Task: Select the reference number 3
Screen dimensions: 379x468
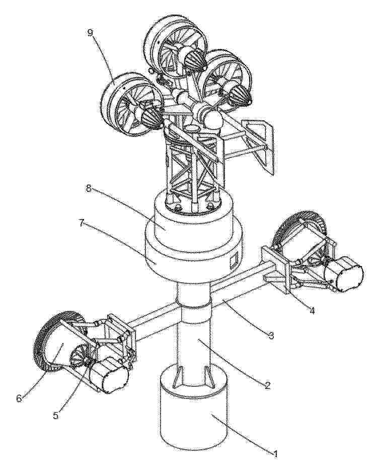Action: pyautogui.click(x=270, y=335)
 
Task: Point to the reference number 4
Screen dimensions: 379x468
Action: pyautogui.click(x=312, y=310)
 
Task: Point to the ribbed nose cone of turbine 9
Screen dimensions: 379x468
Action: pyautogui.click(x=152, y=116)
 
